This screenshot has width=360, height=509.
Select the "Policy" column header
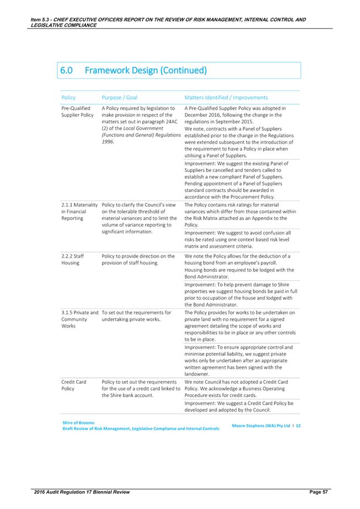[x=68, y=97]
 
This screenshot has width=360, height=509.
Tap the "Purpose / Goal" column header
[x=120, y=97]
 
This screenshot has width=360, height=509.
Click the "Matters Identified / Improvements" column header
[x=226, y=97]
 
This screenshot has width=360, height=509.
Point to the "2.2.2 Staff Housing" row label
[x=72, y=259]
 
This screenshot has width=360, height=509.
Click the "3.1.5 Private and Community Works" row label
[x=79, y=319]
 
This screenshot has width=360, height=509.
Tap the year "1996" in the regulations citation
[x=109, y=142]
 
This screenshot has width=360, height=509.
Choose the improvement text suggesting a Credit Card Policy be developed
[x=239, y=406]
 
